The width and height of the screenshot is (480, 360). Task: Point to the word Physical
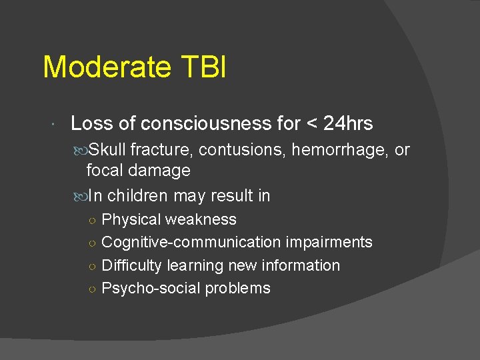[x=131, y=220]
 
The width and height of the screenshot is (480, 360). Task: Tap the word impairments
[x=329, y=243]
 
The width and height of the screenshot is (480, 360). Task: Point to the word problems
[x=237, y=289]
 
